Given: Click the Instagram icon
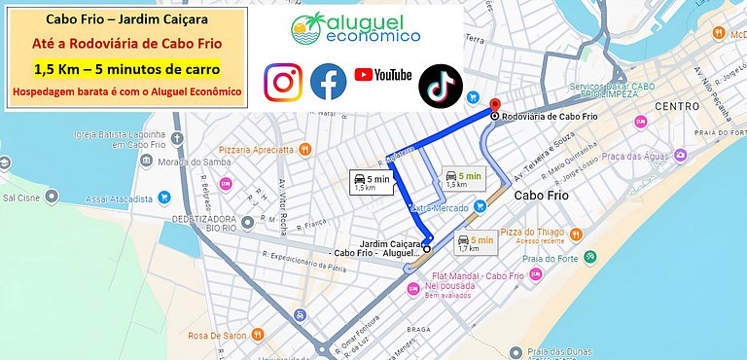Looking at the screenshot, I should [x=284, y=83].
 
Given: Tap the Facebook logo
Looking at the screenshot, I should [x=329, y=83].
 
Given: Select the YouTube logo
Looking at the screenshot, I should [x=382, y=75].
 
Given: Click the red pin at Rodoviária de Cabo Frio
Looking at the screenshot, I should [x=494, y=106].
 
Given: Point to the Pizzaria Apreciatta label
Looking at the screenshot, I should [x=256, y=150].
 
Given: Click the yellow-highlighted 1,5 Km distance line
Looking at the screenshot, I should [x=125, y=69].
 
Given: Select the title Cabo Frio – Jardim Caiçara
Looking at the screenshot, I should [x=125, y=18].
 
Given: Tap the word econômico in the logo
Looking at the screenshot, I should [x=372, y=36].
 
